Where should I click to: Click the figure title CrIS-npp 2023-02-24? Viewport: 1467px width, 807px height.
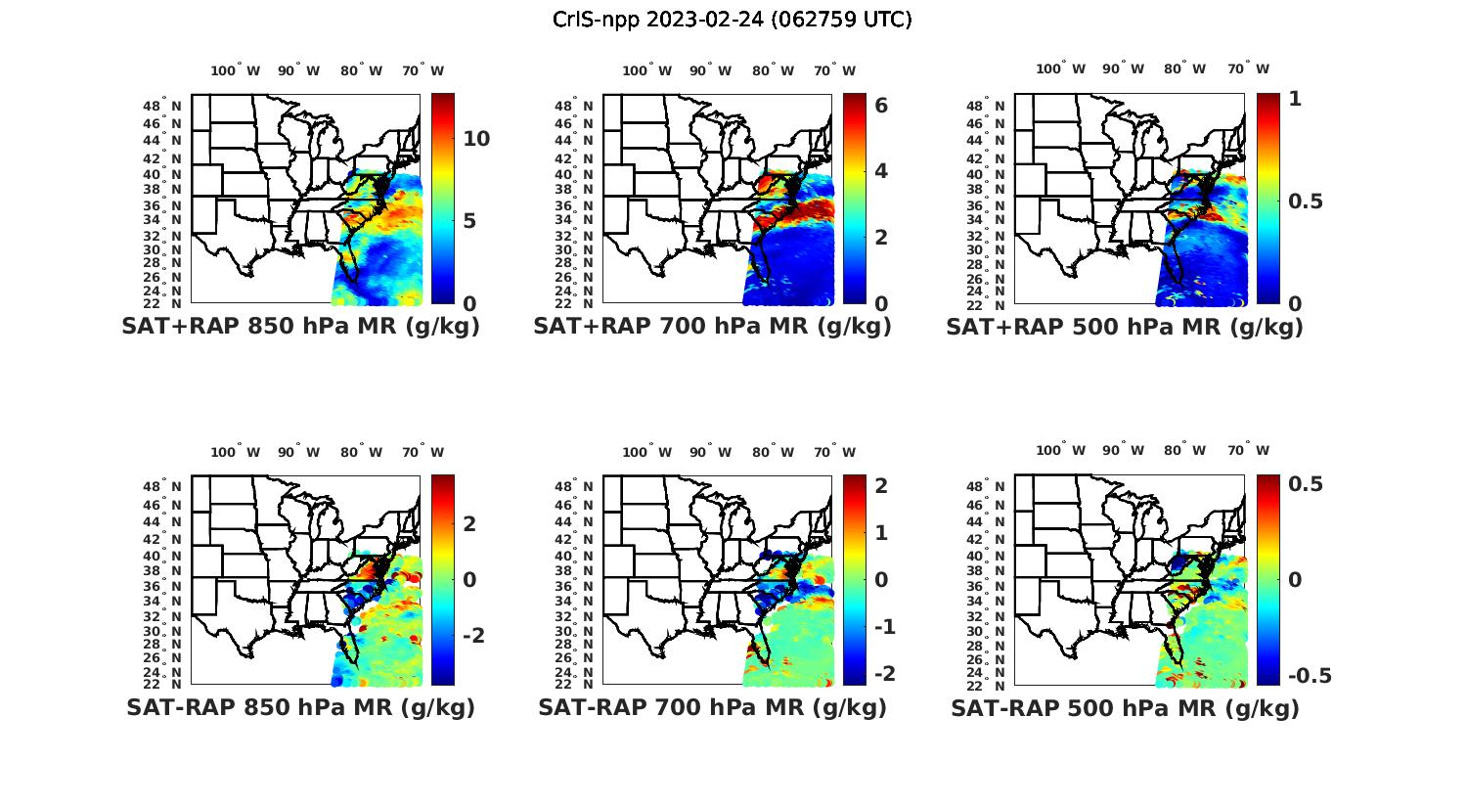(732, 20)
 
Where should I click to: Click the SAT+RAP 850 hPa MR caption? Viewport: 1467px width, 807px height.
(300, 327)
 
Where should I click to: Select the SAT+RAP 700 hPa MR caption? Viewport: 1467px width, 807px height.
(712, 327)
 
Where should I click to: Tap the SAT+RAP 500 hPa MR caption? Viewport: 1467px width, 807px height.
(1125, 327)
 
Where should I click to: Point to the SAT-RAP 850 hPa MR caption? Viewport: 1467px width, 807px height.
(300, 707)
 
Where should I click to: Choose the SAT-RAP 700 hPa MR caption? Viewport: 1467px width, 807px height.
(712, 707)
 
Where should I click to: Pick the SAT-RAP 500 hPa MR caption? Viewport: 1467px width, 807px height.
(1125, 707)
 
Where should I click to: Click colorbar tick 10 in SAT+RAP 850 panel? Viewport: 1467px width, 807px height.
(476, 139)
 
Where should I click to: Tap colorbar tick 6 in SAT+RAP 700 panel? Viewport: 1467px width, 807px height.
(880, 105)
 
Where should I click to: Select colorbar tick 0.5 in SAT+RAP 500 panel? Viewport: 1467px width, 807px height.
(1305, 201)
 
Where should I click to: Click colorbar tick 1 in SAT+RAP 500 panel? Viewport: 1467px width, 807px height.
(1295, 98)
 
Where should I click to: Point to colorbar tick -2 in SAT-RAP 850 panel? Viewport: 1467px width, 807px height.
(473, 636)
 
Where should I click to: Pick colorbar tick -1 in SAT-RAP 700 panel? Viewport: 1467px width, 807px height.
(884, 627)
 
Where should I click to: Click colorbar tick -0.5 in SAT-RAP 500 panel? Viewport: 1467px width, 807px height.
(1310, 676)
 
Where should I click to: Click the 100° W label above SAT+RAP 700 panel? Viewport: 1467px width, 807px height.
(646, 70)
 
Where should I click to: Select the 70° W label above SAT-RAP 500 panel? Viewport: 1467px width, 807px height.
(1247, 450)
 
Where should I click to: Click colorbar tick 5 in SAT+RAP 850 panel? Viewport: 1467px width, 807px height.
(469, 221)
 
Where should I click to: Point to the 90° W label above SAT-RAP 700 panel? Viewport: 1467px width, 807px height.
(710, 452)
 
